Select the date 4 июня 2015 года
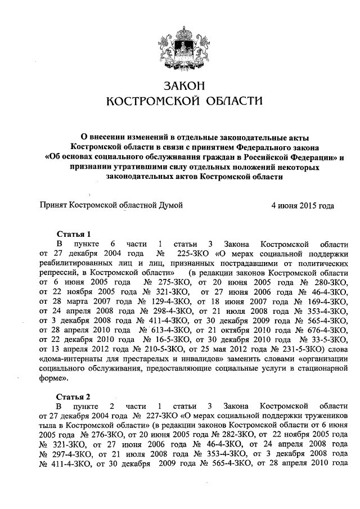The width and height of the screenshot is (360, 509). click(x=303, y=206)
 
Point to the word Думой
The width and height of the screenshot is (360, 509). click(x=172, y=206)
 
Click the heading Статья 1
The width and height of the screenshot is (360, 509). click(x=73, y=233)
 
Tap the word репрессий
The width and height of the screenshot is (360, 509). click(x=60, y=273)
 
